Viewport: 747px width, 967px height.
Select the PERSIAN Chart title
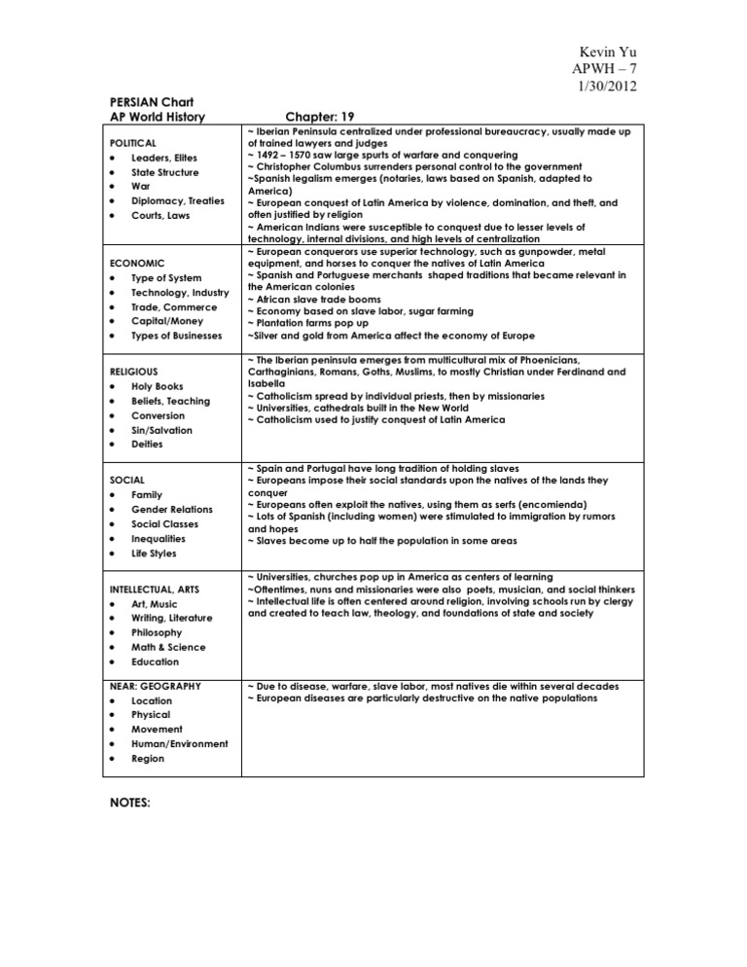pyautogui.click(x=144, y=101)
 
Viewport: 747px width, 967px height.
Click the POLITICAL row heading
pyautogui.click(x=132, y=143)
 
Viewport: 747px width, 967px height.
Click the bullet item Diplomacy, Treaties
pyautogui.click(x=177, y=201)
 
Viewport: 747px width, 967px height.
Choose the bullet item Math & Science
pyautogui.click(x=168, y=647)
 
